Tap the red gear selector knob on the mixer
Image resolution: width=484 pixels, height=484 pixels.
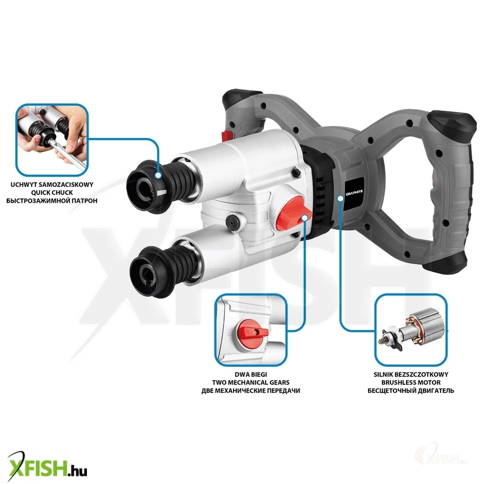click(x=293, y=213)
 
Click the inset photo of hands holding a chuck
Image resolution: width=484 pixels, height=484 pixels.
click(x=52, y=140)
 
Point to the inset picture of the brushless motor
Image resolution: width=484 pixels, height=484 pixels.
click(x=411, y=330)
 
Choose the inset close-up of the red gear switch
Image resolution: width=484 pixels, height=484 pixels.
click(x=251, y=330)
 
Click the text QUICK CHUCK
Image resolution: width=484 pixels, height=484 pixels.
click(x=52, y=193)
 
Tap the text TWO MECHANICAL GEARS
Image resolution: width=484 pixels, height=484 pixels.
click(x=251, y=383)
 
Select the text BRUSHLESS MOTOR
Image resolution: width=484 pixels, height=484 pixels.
click(x=411, y=383)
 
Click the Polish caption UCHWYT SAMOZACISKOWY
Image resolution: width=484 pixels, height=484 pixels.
click(x=52, y=185)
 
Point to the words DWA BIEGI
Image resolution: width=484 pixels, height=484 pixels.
click(x=251, y=375)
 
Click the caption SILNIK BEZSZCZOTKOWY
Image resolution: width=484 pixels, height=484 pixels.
click(x=411, y=375)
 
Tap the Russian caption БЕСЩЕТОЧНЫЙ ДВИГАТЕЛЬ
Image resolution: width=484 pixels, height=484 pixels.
click(x=411, y=391)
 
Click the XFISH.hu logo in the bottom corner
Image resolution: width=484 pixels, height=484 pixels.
click(x=47, y=467)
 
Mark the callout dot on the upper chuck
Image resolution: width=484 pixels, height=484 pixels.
click(x=158, y=175)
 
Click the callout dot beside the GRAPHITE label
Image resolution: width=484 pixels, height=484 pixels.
click(x=340, y=198)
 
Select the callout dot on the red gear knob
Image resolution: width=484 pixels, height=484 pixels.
click(x=304, y=218)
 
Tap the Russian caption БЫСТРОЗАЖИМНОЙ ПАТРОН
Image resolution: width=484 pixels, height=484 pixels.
click(x=52, y=200)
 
